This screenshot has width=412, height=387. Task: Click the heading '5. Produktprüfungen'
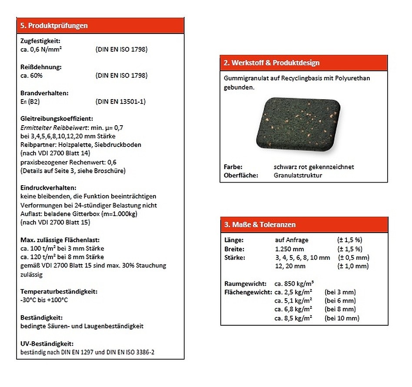pos(54,26)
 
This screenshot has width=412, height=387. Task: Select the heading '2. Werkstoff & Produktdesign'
pos(271,63)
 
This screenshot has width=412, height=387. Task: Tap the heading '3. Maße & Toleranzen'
pos(260,225)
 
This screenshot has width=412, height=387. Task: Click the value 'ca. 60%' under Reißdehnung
pos(31,76)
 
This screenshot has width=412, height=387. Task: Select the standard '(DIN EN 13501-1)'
pos(120,102)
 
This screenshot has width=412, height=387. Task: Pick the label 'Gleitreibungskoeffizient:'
pos(56,119)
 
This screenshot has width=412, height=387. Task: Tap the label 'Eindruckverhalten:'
pos(48,188)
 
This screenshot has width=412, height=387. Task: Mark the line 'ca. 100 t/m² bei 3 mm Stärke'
pos(62,248)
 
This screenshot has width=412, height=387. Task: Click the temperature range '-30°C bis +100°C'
pos(44,300)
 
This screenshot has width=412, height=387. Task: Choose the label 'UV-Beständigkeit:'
pos(47,344)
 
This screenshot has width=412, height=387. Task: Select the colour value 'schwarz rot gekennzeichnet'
pos(314,167)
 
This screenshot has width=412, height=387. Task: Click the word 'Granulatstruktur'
pos(298,175)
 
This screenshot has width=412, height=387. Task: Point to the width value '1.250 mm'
pos(289,249)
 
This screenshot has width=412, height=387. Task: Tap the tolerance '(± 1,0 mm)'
pos(352,266)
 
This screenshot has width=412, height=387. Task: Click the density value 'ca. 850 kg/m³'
pos(294,284)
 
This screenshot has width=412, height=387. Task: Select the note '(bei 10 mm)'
pos(342,318)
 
